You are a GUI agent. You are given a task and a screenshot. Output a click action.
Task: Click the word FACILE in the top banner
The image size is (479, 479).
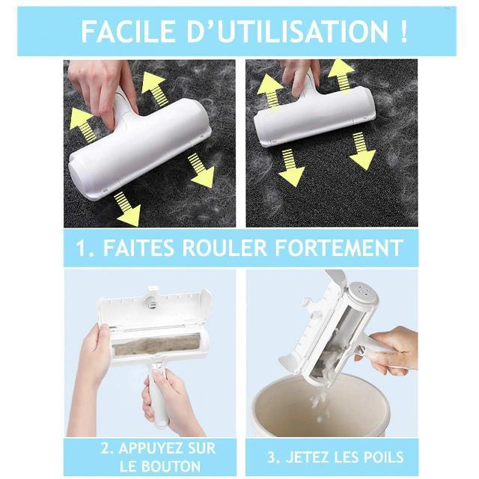pyautogui.click(x=129, y=31)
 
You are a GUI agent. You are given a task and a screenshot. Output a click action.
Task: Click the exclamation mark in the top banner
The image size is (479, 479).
pyautogui.click(x=403, y=31)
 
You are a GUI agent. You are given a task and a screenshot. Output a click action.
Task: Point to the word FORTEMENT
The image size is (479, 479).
pyautogui.click(x=339, y=248)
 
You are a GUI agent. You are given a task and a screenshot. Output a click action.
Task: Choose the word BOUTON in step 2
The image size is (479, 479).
pyautogui.click(x=172, y=466)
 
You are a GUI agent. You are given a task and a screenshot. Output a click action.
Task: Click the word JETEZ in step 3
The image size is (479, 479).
pyautogui.click(x=308, y=457)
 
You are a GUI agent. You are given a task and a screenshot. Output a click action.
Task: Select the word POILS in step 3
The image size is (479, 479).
pyautogui.click(x=384, y=457)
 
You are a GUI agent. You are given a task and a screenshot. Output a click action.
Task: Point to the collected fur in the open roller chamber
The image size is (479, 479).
pyautogui.click(x=156, y=345)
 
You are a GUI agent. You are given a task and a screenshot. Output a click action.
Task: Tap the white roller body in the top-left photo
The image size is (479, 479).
pyautogui.click(x=140, y=149)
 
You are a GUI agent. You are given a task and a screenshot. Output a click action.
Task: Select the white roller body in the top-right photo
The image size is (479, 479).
pyautogui.click(x=314, y=117)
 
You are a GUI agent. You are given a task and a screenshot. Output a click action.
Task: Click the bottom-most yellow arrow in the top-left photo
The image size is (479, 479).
pyautogui.click(x=127, y=210)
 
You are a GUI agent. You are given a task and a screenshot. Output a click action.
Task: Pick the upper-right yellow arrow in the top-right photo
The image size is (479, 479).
pyautogui.click(x=341, y=76)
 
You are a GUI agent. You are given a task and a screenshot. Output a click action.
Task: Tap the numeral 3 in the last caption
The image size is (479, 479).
pyautogui.click(x=271, y=457)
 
